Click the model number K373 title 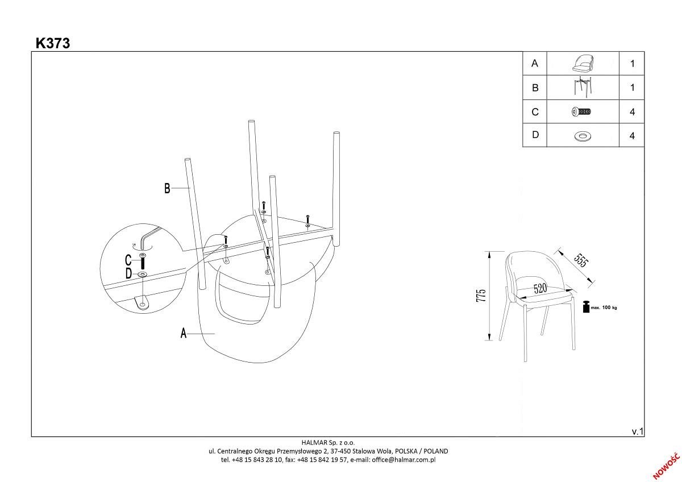point(53,43)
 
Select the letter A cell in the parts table point(534,64)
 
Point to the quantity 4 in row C point(632,112)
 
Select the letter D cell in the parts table point(534,136)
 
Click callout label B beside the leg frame point(167,189)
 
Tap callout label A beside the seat point(184,333)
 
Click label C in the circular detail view point(128,261)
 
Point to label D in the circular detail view point(128,275)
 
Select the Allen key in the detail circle point(147,237)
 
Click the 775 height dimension point(481,296)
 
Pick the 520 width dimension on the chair point(540,289)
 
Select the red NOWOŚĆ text point(666,466)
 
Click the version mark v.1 point(638,431)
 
